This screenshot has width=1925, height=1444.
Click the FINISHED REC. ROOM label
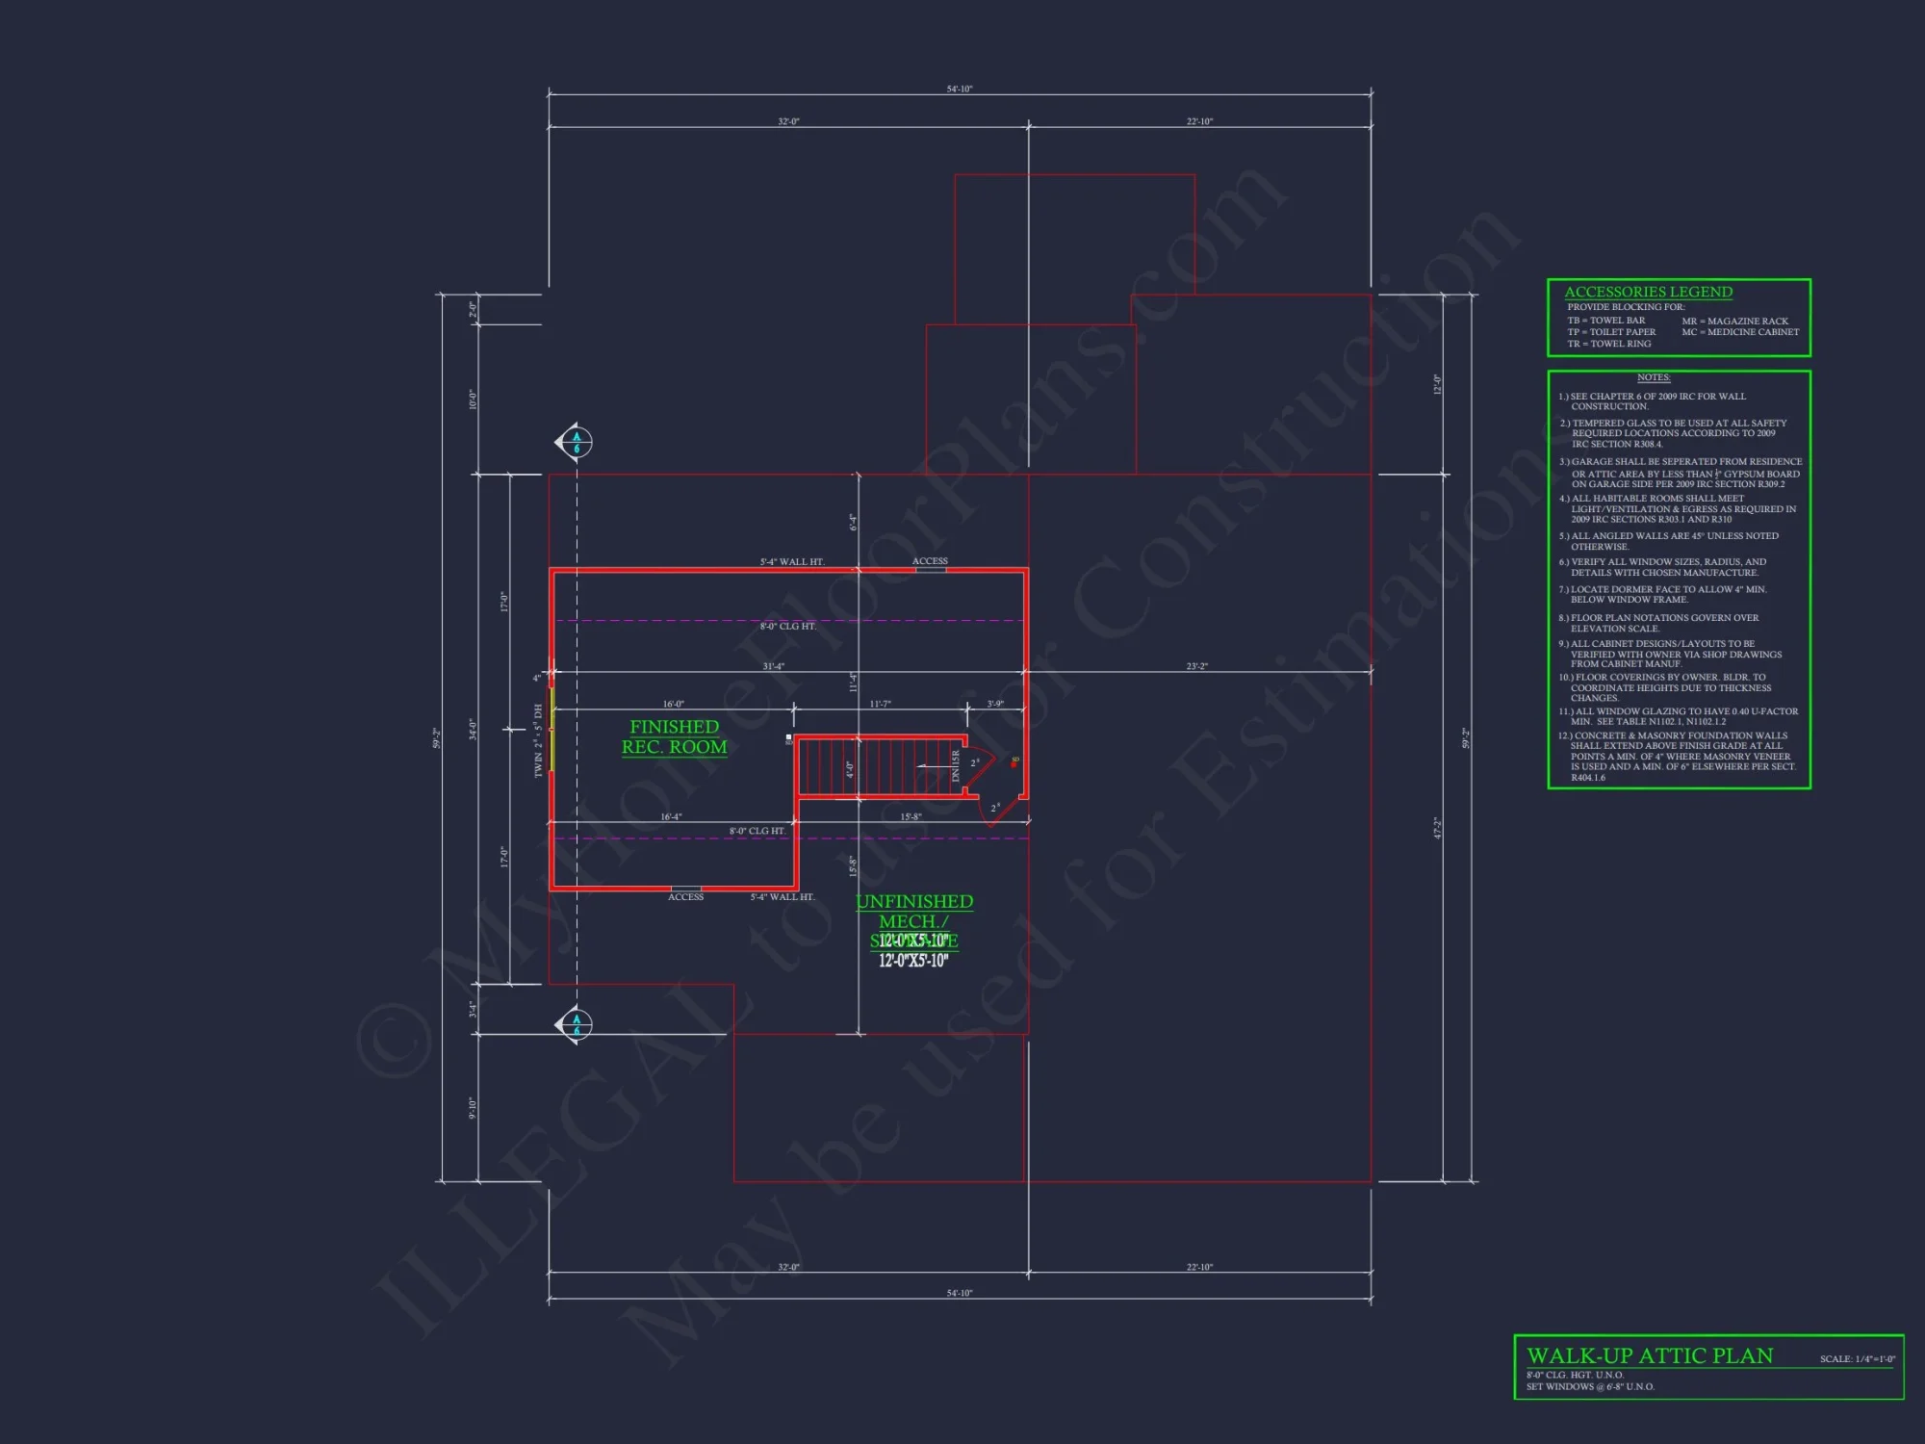(x=674, y=737)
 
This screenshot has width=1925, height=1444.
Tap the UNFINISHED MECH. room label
(x=914, y=912)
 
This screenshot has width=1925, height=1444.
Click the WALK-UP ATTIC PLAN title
(x=1649, y=1355)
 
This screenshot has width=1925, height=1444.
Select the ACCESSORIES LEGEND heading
(x=1648, y=292)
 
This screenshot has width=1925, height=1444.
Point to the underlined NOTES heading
(x=1654, y=377)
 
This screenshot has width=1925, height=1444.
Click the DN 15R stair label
(x=956, y=766)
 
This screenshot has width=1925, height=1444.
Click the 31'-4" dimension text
(x=774, y=666)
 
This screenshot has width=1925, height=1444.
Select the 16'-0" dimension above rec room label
(x=674, y=705)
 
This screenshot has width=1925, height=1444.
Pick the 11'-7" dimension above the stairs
(x=880, y=705)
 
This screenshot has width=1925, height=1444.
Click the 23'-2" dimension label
(x=1196, y=666)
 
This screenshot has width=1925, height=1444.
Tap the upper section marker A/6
(x=576, y=443)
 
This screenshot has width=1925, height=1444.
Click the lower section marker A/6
(x=576, y=1024)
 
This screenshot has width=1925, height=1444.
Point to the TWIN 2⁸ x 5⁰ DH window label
(x=539, y=740)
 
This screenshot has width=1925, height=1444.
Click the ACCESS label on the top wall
(x=930, y=561)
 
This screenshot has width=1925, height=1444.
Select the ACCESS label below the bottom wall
(x=685, y=897)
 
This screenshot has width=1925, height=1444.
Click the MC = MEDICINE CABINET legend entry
(x=1740, y=332)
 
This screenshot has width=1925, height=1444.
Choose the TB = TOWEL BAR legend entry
(x=1606, y=321)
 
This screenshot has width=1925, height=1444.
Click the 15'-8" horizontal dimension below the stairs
(x=911, y=817)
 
